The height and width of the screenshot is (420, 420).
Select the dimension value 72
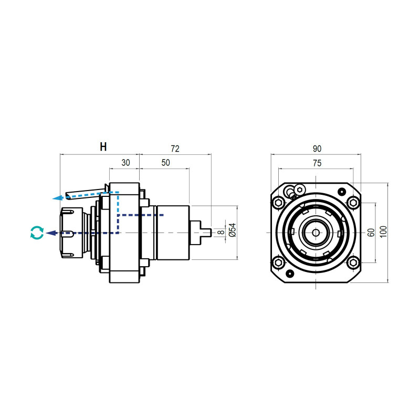coord(175,149)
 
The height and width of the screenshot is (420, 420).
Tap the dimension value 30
coord(125,163)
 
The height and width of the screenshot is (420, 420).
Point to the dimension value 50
coord(165,163)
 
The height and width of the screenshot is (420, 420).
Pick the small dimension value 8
coord(222,232)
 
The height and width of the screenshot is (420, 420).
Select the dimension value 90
coord(316,149)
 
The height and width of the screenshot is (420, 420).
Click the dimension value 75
coord(316,163)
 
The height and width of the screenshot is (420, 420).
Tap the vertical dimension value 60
coord(371,232)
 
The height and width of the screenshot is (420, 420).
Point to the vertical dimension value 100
coord(384,232)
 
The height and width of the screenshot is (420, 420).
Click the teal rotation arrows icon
coord(36,233)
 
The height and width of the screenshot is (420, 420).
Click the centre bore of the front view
coord(316,232)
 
